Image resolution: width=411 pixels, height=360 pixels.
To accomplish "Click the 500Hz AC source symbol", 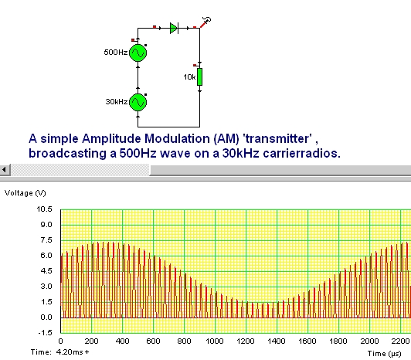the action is pos(138,53).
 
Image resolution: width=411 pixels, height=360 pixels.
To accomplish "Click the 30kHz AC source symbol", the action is pos(138,102).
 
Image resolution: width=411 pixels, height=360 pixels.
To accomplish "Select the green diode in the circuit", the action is pos(174,28).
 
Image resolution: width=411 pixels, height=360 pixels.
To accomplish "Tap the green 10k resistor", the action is pos(199,76).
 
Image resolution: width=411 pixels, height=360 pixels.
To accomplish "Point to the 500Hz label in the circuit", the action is pos(116,53).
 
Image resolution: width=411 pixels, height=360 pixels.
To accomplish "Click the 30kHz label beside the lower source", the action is pos(117,101).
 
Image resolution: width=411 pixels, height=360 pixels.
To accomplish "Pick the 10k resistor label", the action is pos(189,77).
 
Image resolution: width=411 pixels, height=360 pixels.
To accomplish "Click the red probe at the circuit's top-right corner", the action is pos(206,22).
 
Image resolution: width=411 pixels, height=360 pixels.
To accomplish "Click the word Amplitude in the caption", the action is pos(111,139).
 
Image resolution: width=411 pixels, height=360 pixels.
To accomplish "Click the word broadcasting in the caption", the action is pos(68,154).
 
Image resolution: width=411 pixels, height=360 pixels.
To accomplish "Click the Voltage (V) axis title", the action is pos(25,193).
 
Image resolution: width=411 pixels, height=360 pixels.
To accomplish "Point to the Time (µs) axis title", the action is pos(384,354).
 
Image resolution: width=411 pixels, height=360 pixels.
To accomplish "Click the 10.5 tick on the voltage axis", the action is pos(44,209).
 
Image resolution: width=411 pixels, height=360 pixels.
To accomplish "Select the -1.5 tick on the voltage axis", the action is pos(45,333).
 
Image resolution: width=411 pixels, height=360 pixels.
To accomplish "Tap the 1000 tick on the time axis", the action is pos(215,341).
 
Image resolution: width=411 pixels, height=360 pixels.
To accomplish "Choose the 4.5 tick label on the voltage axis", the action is pos(46,271).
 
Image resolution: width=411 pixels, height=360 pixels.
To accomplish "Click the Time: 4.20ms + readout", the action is pos(59,352).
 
